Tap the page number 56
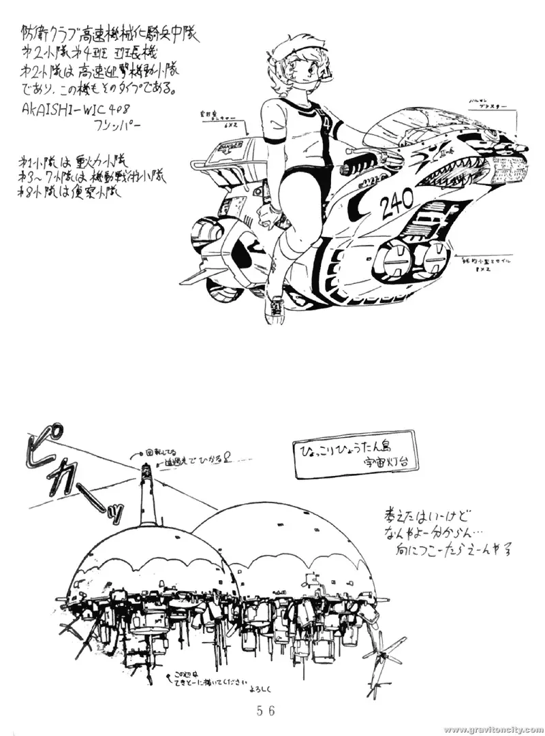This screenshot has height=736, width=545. tap(266, 710)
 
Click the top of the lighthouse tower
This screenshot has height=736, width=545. tap(146, 468)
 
